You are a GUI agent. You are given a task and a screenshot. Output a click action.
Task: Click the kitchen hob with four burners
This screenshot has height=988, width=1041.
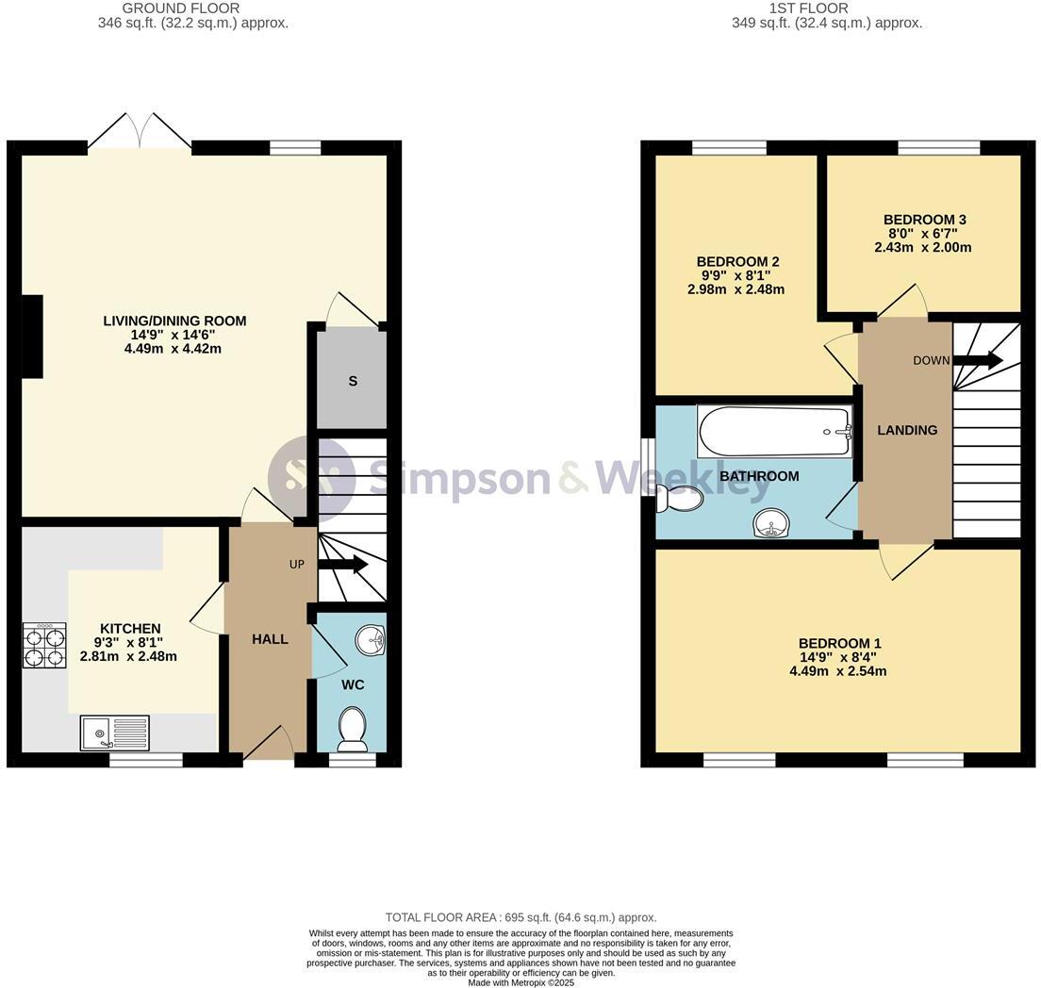point(44,645)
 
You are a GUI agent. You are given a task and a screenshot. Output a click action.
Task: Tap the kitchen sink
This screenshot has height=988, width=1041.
point(114,733)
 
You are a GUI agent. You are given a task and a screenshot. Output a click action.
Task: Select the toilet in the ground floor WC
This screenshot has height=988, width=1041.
point(353,730)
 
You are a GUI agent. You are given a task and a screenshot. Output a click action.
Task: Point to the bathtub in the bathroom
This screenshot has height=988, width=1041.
point(774,431)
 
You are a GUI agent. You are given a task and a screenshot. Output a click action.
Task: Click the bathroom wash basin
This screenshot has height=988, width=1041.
point(773,522)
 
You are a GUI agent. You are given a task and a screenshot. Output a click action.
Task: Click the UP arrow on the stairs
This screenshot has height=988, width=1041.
point(343,565)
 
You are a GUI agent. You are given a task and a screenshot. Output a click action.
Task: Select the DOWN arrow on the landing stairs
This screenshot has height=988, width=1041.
point(977,360)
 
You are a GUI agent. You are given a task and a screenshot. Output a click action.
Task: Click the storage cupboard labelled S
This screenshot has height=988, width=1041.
point(352,381)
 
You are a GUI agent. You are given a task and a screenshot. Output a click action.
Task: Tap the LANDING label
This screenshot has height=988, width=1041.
point(907,430)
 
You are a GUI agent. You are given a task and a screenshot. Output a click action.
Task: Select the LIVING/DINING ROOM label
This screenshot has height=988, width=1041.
point(174,321)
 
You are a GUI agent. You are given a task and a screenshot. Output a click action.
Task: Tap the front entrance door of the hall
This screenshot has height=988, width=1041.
point(269,745)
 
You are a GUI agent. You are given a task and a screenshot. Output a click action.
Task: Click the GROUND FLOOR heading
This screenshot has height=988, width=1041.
point(193,8)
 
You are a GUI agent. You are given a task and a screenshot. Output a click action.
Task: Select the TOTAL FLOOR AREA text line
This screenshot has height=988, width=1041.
point(520,917)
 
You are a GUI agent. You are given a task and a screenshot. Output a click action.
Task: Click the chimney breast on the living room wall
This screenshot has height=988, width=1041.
point(32,337)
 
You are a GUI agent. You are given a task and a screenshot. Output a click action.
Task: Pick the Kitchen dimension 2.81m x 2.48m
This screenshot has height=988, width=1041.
point(130,656)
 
